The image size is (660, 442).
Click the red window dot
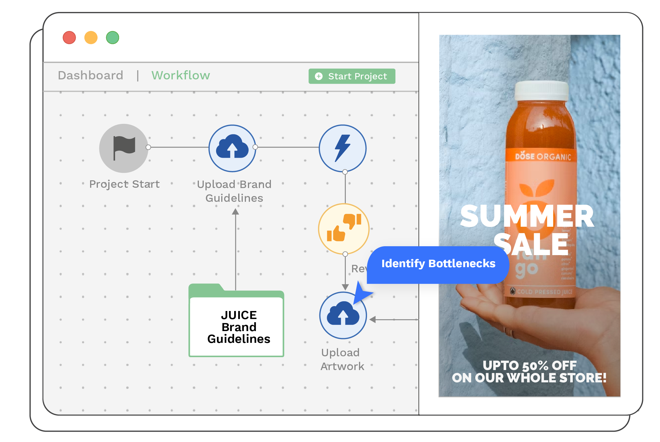[x=69, y=38]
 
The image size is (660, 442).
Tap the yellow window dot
[x=91, y=38]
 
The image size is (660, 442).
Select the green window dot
[x=112, y=38]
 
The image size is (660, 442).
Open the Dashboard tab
[x=91, y=75]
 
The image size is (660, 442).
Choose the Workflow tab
[x=181, y=75]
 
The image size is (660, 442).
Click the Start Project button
[x=352, y=76]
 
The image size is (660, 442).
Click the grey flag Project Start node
[x=124, y=148]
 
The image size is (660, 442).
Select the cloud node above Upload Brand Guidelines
[x=232, y=148]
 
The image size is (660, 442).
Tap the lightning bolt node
[x=343, y=148]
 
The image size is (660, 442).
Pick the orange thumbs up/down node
[x=344, y=228]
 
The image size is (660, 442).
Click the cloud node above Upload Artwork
[x=343, y=315]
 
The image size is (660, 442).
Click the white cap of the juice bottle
[x=541, y=90]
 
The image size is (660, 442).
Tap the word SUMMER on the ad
[x=527, y=217]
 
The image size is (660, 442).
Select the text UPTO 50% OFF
[x=529, y=365]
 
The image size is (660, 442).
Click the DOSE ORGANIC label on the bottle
[x=543, y=157]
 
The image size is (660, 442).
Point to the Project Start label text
[x=125, y=184]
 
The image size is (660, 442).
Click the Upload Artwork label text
[x=342, y=359]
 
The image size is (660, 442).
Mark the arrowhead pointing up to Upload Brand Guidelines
[x=236, y=212]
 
